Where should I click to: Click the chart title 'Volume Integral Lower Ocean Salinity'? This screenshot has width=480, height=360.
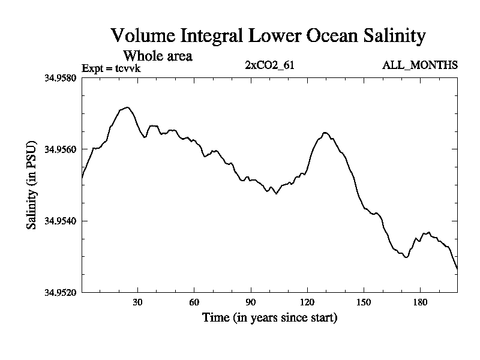click(268, 36)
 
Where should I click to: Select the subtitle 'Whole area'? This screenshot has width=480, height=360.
click(158, 56)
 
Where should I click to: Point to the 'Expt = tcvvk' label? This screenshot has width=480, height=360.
click(111, 68)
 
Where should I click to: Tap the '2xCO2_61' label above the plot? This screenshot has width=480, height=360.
click(269, 65)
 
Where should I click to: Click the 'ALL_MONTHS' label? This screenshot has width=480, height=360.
click(420, 65)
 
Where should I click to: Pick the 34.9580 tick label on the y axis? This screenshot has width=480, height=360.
click(61, 78)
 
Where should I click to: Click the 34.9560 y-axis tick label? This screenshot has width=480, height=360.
click(61, 149)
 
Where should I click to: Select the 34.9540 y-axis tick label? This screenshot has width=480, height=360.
click(61, 221)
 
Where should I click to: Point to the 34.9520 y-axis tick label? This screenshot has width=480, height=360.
click(61, 292)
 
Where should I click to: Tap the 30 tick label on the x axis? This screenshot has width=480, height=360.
click(138, 302)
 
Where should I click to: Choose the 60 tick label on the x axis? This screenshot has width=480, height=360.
click(194, 302)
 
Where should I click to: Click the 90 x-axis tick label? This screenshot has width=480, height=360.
click(251, 302)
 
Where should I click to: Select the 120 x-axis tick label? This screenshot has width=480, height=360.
click(307, 302)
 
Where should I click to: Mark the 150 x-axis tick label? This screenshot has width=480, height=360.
click(364, 302)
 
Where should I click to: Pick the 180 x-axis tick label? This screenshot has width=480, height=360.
click(420, 302)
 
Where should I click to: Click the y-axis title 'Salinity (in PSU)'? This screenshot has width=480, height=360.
click(31, 185)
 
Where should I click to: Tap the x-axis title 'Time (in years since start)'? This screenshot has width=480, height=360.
click(269, 317)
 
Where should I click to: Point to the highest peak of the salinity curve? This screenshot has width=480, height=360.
click(127, 107)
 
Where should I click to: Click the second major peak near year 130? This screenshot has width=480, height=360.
click(325, 133)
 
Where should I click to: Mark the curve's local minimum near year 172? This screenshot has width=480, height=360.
click(406, 257)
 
